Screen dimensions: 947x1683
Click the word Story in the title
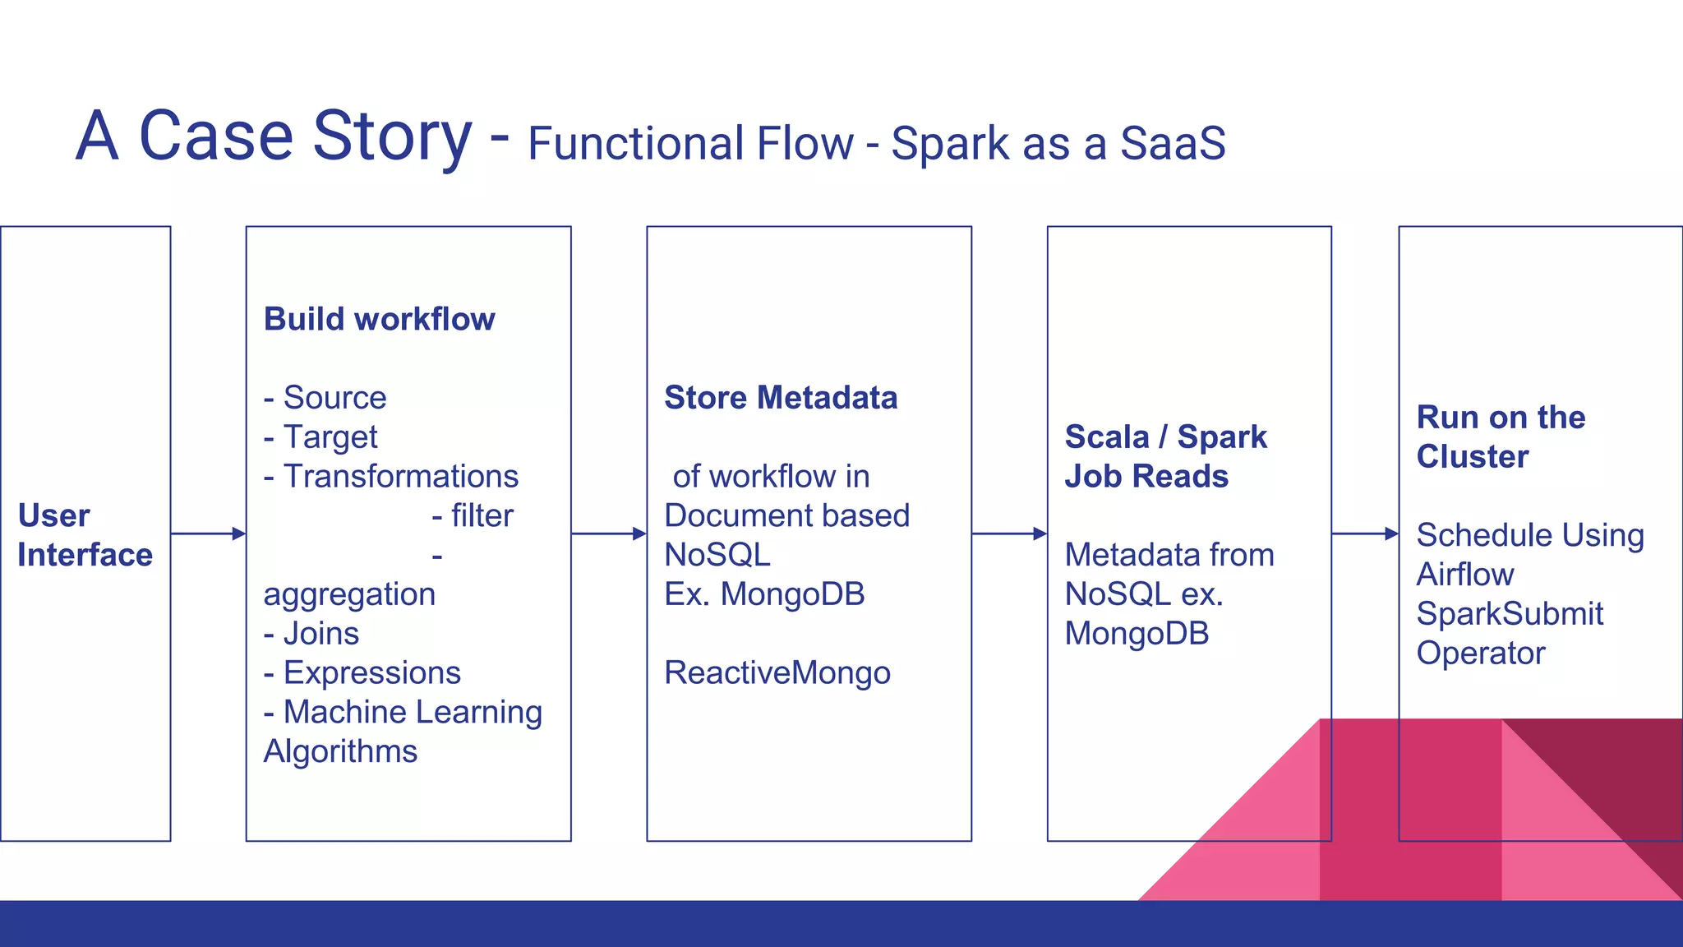[x=392, y=136]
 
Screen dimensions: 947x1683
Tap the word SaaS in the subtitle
[x=1173, y=144]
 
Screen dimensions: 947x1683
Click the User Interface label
[x=85, y=535]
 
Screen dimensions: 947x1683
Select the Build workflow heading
[x=379, y=319]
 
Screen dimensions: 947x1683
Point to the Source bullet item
[x=325, y=398]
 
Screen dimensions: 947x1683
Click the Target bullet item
[x=321, y=437]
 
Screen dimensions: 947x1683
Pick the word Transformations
[x=400, y=477]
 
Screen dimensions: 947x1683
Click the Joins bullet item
[x=312, y=634]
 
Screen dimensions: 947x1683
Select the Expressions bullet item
[x=362, y=673]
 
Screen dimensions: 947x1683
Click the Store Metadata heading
[x=781, y=398]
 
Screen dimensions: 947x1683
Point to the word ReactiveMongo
[x=777, y=673]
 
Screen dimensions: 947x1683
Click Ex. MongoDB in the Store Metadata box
[x=764, y=594]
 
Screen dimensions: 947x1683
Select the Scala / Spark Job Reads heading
[x=1165, y=457]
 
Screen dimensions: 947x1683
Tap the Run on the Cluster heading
[x=1500, y=437]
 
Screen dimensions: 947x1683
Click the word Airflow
[x=1464, y=575]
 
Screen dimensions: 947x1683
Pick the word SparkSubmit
[x=1510, y=614]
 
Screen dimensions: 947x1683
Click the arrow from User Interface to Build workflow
[x=208, y=534]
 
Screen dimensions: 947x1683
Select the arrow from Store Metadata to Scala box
[x=1009, y=534]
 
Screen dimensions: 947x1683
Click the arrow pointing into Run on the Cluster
[x=1365, y=534]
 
